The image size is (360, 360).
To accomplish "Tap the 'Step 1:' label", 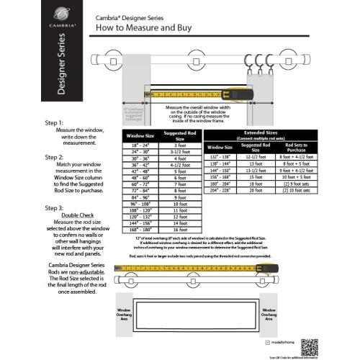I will point(54,123).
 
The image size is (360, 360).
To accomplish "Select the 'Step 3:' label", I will point(54,208).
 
